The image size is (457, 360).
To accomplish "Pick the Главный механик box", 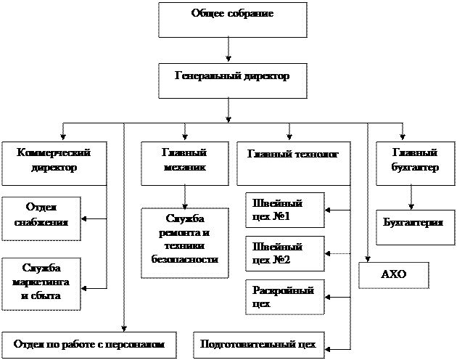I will pyautogui.click(x=184, y=163).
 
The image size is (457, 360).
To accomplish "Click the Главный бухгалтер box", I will pyautogui.click(x=414, y=163).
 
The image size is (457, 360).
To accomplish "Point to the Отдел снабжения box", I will pyautogui.click(x=41, y=216).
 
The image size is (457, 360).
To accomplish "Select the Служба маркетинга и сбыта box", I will pyautogui.click(x=41, y=282).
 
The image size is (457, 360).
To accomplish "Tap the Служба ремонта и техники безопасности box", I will pyautogui.click(x=184, y=243).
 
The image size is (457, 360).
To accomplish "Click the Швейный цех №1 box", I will pyautogui.click(x=284, y=210).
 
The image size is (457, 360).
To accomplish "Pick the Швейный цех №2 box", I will pyautogui.click(x=284, y=253).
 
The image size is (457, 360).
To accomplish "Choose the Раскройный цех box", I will pyautogui.click(x=284, y=297).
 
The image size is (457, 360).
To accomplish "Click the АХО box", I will pyautogui.click(x=394, y=275).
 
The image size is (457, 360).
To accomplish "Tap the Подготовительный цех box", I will pyautogui.click(x=258, y=345).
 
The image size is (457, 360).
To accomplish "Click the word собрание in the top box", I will pyautogui.click(x=250, y=14).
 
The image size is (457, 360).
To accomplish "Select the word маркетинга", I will pyautogui.click(x=41, y=282).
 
